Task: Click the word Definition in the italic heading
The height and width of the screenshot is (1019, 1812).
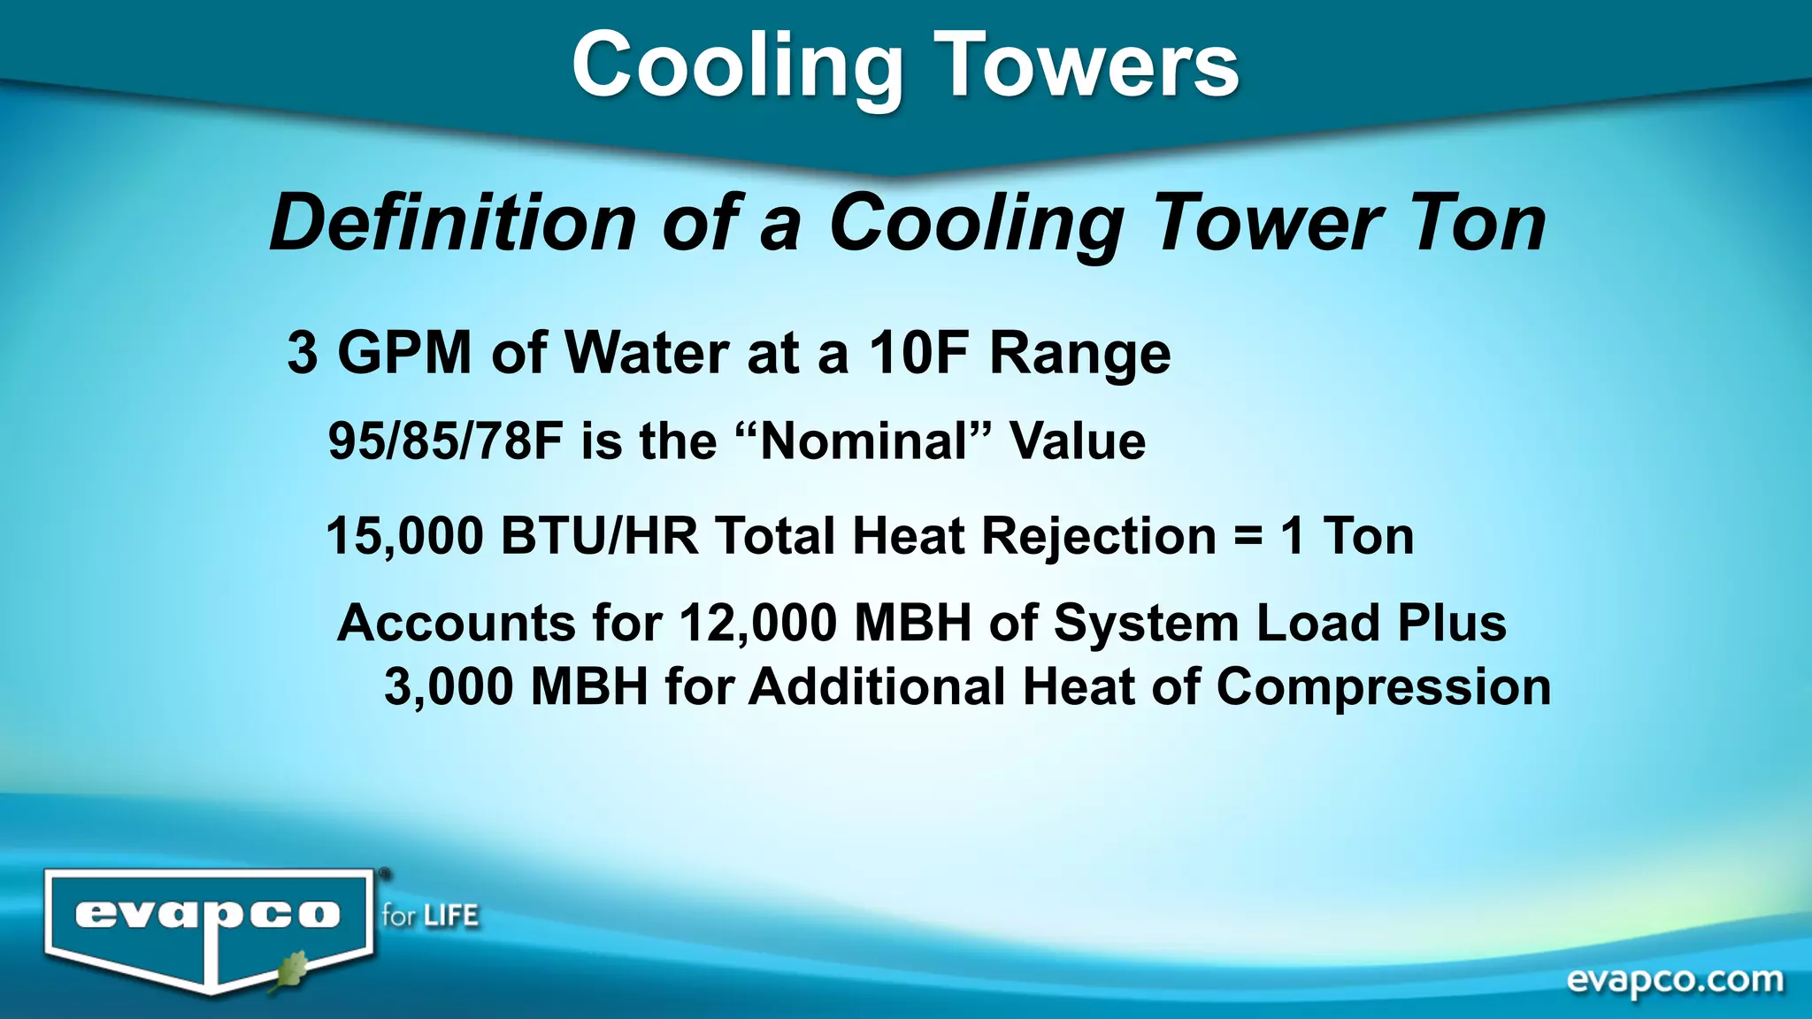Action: [452, 223]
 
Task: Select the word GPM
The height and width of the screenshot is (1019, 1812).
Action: [404, 353]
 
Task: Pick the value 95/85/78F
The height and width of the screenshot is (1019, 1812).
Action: [445, 441]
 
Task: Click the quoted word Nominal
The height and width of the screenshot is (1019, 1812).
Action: [864, 441]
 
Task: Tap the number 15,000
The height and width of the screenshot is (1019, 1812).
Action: [405, 537]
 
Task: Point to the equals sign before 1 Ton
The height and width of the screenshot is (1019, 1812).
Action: [1248, 537]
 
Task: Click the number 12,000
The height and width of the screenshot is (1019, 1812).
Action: [757, 623]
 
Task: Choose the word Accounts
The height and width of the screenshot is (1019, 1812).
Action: [457, 623]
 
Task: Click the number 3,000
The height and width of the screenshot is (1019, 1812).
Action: [449, 687]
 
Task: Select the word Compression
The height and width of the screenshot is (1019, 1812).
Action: [1383, 687]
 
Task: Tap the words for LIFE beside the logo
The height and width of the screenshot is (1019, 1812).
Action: [430, 916]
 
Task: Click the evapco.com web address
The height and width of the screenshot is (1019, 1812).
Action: [1675, 980]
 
